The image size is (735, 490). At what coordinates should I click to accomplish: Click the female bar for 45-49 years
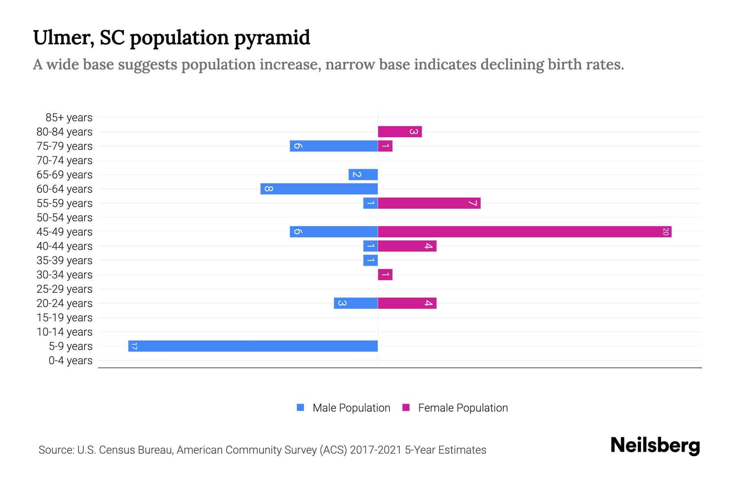(524, 232)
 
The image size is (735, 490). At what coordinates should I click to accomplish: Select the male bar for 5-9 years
(253, 346)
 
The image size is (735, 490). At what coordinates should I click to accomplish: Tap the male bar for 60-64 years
(319, 189)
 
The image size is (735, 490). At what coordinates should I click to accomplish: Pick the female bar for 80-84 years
(399, 131)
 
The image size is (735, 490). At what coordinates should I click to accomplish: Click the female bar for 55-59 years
(429, 203)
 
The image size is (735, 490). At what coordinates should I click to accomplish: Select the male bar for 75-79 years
(334, 146)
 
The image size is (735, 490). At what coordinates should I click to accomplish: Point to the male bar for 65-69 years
(363, 174)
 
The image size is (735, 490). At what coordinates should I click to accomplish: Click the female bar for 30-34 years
(385, 274)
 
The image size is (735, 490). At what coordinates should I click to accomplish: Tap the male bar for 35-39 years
(370, 260)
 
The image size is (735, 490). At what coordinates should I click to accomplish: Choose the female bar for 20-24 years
(407, 303)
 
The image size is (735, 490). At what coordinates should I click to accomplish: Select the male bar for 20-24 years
(356, 303)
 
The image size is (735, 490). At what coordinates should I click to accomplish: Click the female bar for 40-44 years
(407, 246)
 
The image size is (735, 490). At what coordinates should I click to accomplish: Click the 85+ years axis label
(69, 118)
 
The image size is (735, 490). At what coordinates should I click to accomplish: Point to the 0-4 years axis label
(70, 361)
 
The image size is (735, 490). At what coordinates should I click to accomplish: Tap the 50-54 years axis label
(65, 218)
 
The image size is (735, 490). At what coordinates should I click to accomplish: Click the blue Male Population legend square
(301, 408)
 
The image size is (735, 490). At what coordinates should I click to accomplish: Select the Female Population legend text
(463, 408)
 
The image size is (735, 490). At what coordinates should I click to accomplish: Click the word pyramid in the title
(272, 38)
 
